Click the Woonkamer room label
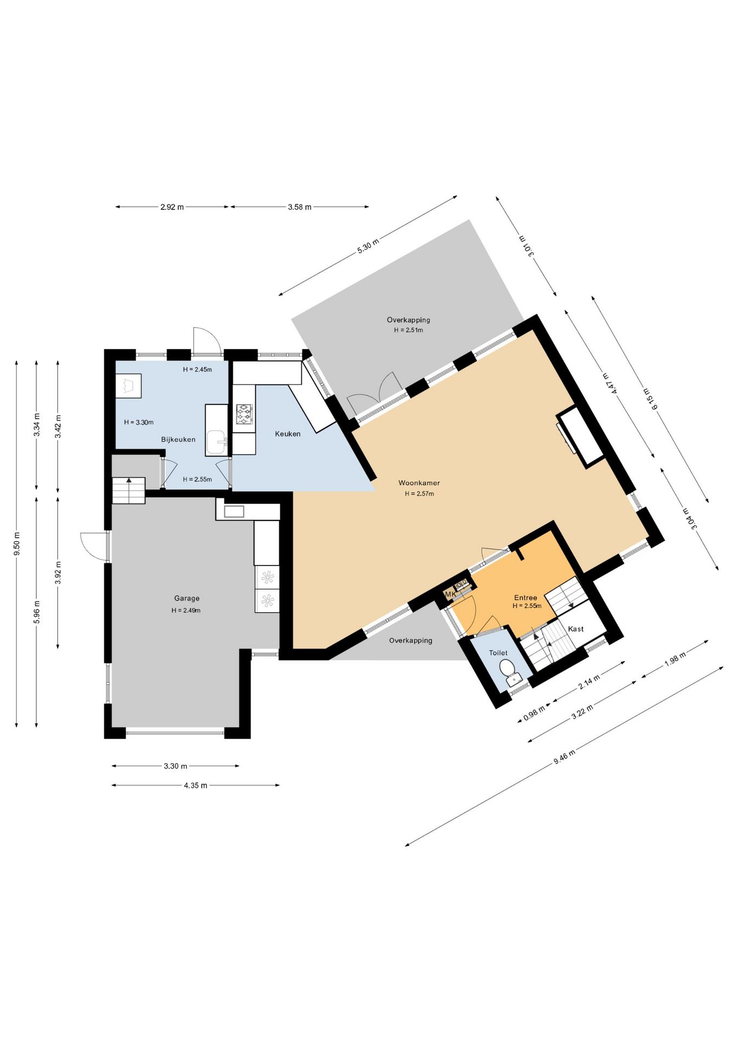(x=419, y=482)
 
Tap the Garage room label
(x=187, y=598)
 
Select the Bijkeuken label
(x=178, y=439)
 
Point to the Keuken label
(x=288, y=434)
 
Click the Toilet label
(x=498, y=653)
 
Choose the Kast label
(x=576, y=628)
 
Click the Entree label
(x=525, y=598)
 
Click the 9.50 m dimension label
(x=17, y=543)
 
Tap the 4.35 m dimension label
(x=195, y=785)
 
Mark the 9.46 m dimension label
(x=564, y=756)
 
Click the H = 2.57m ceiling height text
(x=419, y=494)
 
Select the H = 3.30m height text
(x=139, y=422)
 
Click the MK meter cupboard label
(x=450, y=594)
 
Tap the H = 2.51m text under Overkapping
(x=408, y=330)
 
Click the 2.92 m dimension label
(x=172, y=207)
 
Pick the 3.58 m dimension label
(x=300, y=207)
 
